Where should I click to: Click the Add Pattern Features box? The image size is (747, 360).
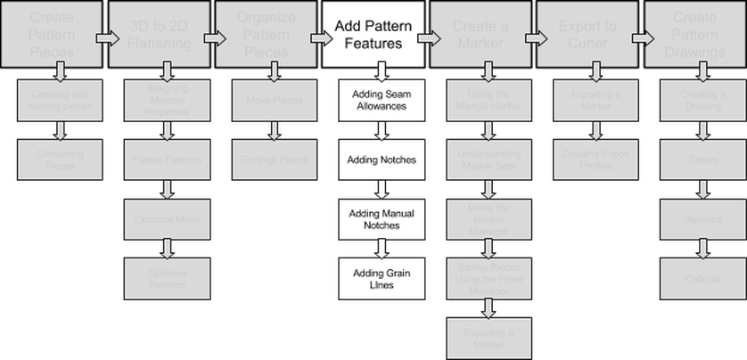click(373, 35)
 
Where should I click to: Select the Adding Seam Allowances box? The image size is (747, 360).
click(381, 100)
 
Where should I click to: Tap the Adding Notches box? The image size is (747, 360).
click(381, 160)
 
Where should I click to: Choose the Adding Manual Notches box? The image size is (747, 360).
click(381, 219)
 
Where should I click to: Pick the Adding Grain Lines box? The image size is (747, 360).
click(381, 278)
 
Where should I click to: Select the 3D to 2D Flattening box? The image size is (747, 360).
click(156, 35)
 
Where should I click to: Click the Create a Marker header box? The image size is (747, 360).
click(480, 35)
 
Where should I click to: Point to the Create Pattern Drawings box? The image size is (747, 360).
click(694, 35)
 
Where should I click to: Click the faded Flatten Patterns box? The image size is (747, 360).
click(167, 160)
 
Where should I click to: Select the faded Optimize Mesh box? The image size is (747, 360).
click(167, 219)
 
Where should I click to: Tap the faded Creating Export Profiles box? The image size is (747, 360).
click(595, 160)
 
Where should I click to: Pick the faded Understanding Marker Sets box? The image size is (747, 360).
click(488, 160)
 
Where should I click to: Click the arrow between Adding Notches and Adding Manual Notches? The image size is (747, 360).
click(381, 189)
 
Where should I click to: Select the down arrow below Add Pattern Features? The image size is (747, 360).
click(381, 71)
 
